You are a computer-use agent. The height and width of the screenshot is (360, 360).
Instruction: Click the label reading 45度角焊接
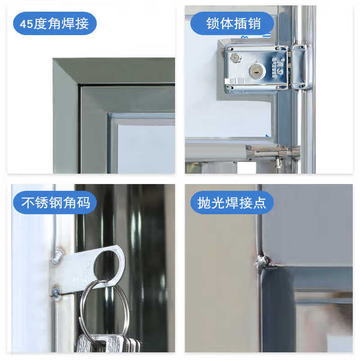pos(54,23)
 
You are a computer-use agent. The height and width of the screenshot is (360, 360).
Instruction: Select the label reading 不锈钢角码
pos(55,202)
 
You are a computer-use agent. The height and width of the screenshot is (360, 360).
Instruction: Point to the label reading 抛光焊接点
pos(232,202)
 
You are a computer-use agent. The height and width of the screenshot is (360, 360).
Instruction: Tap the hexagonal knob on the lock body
pos(235,58)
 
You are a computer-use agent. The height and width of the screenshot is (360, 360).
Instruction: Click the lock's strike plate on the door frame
pos(299,67)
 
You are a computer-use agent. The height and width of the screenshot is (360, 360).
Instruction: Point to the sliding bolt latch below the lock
pos(273,153)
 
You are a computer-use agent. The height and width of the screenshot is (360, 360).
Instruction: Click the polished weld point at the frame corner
pos(262,262)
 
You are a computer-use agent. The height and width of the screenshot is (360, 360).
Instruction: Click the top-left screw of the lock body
pos(229,49)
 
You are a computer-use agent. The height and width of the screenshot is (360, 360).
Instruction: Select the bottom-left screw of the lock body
pos(229,87)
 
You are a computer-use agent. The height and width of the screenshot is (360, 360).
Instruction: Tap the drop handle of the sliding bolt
pos(278,162)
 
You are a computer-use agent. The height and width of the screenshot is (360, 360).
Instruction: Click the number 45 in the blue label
pos(27,24)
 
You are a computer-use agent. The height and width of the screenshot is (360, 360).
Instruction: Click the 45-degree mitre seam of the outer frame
pos(66,72)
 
